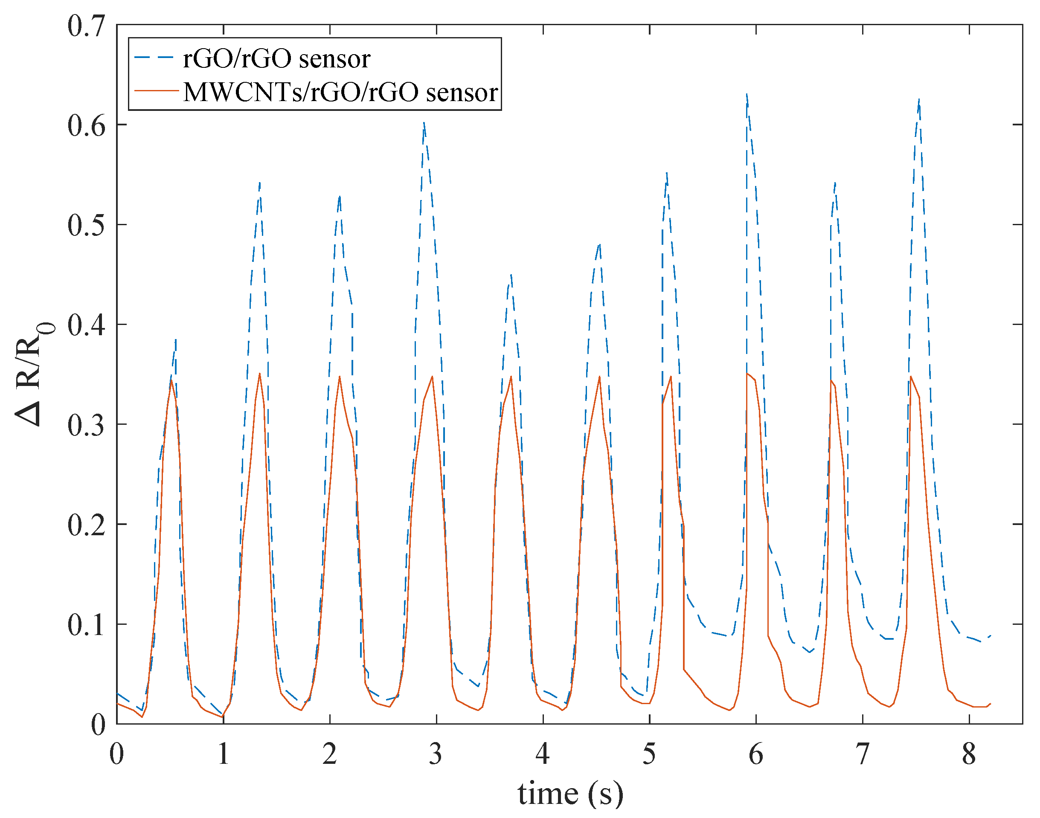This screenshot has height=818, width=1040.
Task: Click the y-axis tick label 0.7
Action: click(86, 26)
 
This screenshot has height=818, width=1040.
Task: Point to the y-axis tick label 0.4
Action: click(86, 325)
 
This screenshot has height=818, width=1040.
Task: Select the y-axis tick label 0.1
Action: click(86, 624)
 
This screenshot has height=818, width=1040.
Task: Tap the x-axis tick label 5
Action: click(649, 754)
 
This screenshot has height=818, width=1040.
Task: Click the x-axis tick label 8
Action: click(969, 754)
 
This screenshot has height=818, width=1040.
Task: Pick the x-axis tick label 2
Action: click(330, 754)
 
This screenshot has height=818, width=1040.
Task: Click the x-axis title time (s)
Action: click(570, 794)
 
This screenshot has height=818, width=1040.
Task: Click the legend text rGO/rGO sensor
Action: click(276, 58)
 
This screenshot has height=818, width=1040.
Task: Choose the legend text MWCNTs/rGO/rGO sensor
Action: click(340, 92)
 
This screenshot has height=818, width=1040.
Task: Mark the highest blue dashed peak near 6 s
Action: click(747, 94)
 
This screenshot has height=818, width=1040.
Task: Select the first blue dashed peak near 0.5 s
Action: click(176, 339)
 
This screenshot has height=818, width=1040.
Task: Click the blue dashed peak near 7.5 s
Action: click(919, 100)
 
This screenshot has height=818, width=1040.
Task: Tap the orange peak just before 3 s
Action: click(432, 377)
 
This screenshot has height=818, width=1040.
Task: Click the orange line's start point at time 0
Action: click(117, 704)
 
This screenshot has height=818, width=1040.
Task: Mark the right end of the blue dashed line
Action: click(990, 635)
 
